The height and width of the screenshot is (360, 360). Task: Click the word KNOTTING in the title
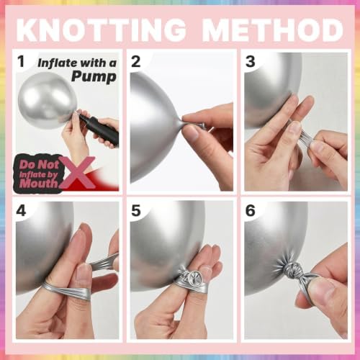click(102, 30)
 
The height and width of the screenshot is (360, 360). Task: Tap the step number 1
click(21, 61)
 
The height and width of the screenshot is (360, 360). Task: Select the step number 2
click(136, 61)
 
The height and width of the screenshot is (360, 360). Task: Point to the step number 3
click(250, 61)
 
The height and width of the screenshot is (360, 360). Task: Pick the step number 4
click(21, 211)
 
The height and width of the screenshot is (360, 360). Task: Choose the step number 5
click(136, 211)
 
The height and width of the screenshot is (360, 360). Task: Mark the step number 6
click(250, 211)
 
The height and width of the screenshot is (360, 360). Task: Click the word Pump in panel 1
click(94, 77)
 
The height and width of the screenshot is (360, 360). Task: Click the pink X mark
click(77, 172)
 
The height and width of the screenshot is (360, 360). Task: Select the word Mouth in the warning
click(38, 184)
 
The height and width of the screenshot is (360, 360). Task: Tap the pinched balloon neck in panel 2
click(179, 123)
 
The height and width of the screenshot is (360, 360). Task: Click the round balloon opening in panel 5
click(192, 278)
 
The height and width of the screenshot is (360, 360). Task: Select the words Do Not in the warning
click(40, 164)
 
